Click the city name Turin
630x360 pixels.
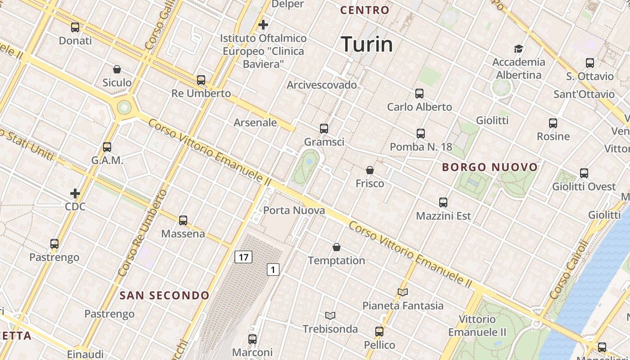[x=367, y=44]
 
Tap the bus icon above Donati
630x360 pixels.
[x=75, y=27]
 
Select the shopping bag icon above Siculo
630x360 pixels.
[x=117, y=69]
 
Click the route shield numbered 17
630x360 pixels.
[x=243, y=257]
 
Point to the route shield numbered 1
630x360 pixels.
[x=273, y=270]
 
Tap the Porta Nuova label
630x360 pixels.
[x=294, y=210]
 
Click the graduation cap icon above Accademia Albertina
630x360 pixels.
[x=518, y=49]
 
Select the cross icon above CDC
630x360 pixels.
[x=75, y=193]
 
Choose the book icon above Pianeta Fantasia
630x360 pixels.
[x=403, y=292]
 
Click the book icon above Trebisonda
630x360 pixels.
[x=330, y=315]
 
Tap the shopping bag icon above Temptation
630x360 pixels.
[x=336, y=247]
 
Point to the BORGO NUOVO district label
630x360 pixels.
[x=490, y=167]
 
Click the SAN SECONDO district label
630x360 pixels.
[x=164, y=296]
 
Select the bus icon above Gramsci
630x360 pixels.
[x=324, y=129]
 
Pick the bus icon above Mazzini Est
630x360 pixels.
[x=443, y=202]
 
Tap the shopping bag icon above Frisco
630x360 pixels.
[x=370, y=170]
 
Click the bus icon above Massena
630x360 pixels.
[x=183, y=220]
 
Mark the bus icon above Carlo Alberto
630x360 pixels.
[x=419, y=94]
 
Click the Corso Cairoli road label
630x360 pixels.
[x=569, y=270]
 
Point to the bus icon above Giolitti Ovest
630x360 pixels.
[x=584, y=173]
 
